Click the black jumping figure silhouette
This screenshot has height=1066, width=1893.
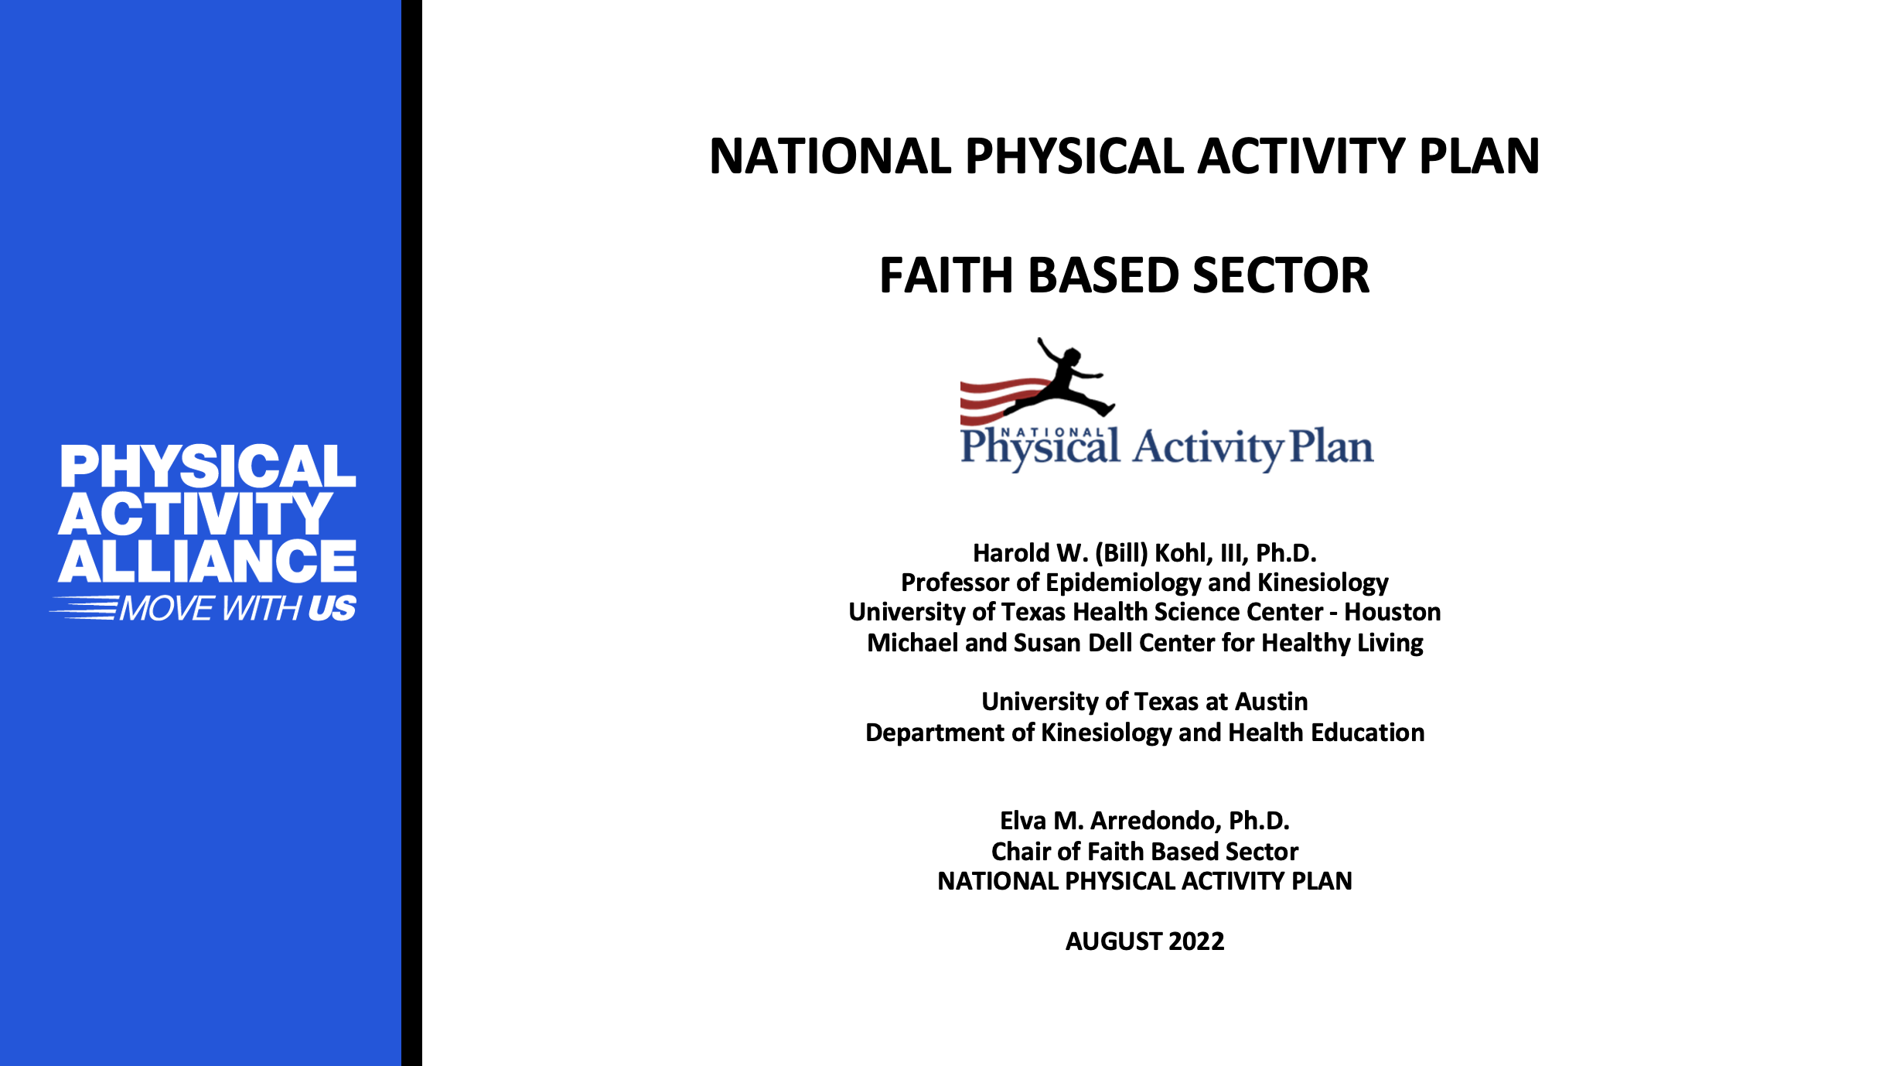coord(1060,379)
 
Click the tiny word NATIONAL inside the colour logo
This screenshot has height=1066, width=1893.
coord(1052,432)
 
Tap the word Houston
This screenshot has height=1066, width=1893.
coord(1393,613)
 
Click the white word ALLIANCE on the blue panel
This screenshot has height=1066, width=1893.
coord(207,562)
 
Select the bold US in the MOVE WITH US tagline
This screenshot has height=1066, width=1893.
coord(333,609)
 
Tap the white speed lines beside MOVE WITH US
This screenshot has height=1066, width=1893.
coord(84,608)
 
